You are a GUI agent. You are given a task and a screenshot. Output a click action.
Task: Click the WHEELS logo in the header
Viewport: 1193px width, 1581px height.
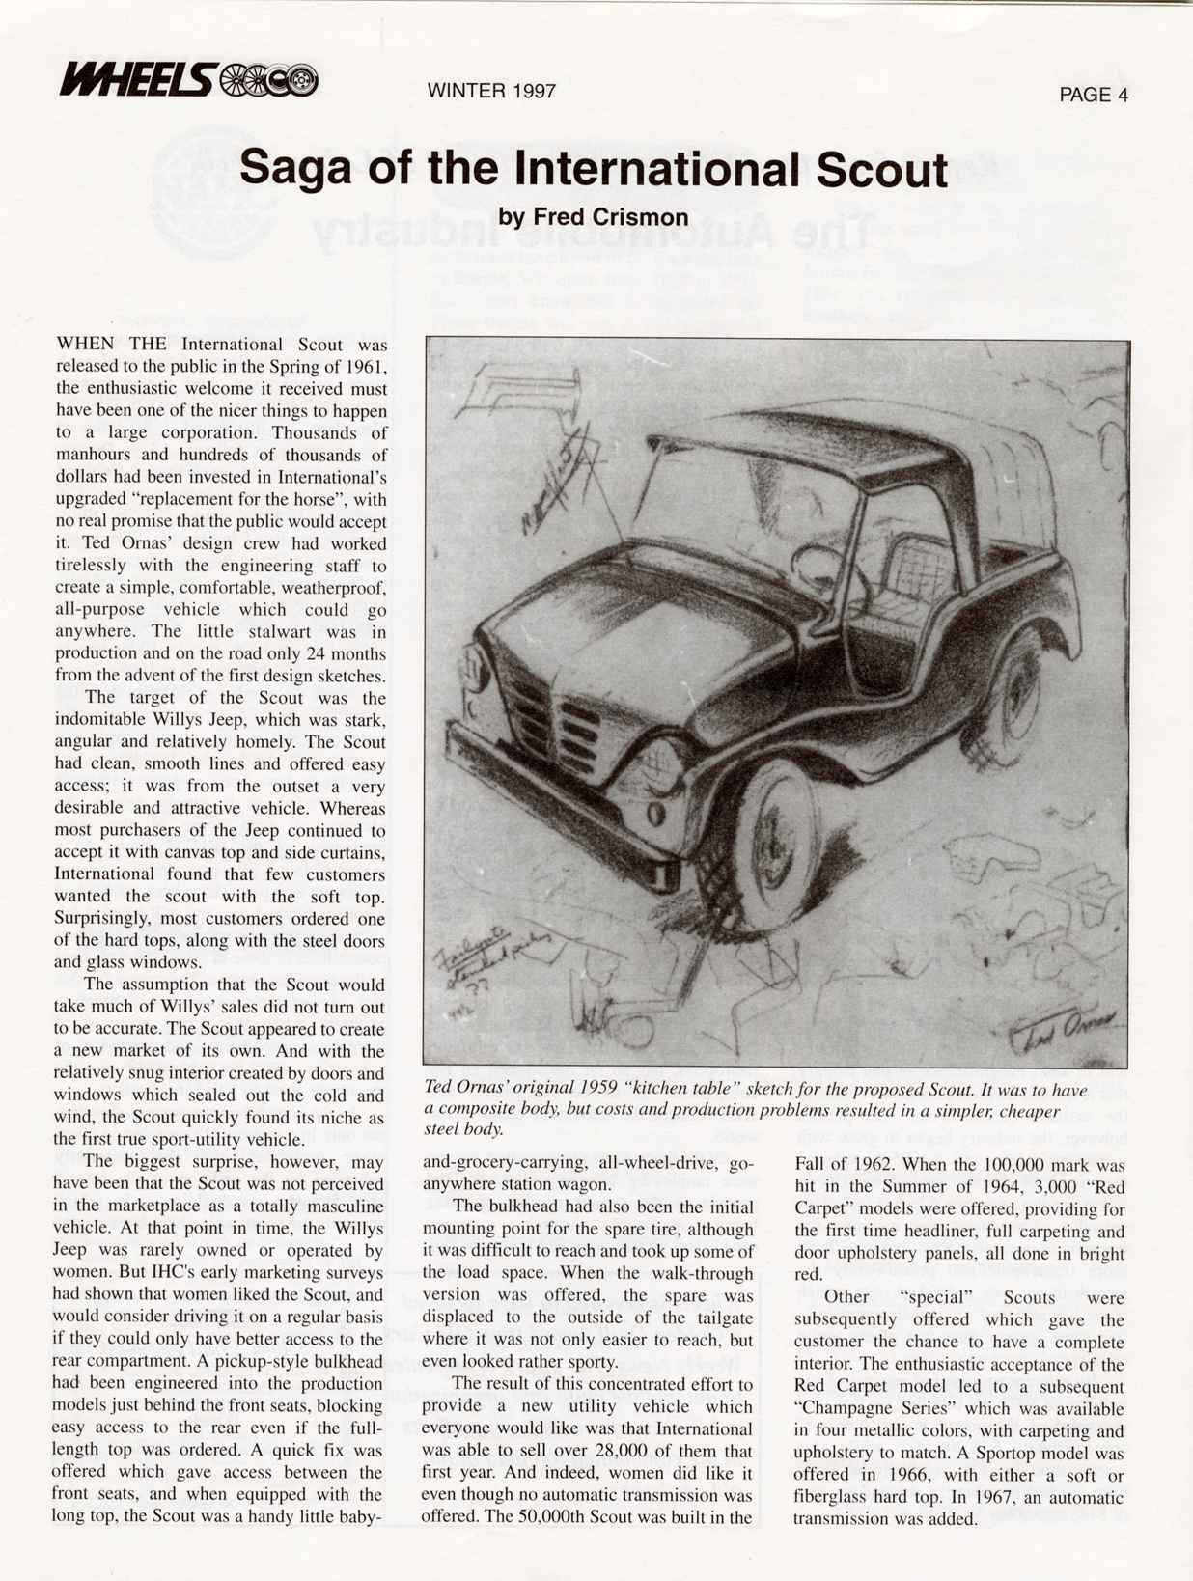(188, 79)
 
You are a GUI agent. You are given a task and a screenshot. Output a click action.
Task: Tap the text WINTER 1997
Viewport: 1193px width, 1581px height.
(491, 91)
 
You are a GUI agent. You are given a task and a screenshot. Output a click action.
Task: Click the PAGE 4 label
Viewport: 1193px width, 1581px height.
(1093, 95)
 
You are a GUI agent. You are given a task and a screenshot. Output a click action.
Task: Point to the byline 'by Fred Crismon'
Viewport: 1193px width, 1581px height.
(594, 217)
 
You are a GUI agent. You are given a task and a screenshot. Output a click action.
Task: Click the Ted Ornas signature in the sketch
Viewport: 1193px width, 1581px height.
(1062, 1029)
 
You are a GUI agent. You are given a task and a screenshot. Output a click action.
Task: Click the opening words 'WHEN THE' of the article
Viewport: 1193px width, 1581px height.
(112, 345)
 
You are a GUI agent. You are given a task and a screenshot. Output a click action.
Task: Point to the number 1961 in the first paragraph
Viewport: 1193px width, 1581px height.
(366, 367)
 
